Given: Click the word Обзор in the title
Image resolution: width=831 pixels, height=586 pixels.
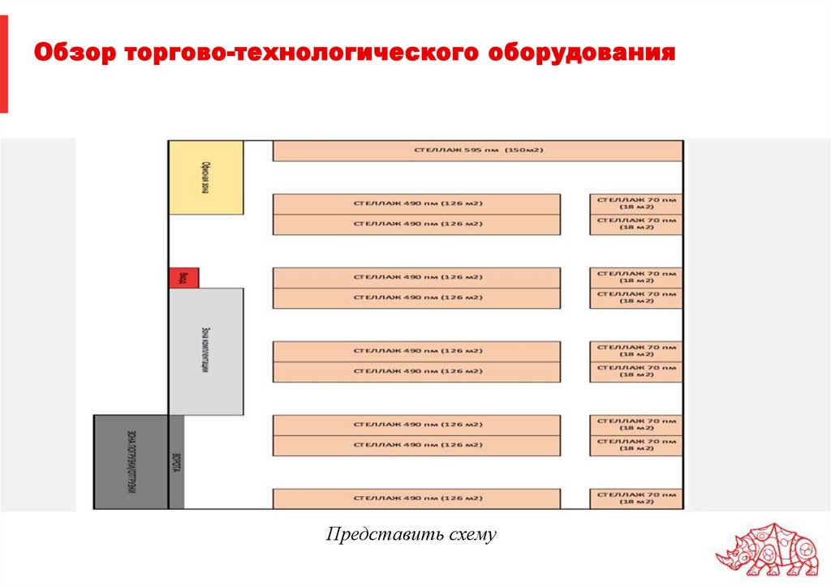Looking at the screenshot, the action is click(x=73, y=55).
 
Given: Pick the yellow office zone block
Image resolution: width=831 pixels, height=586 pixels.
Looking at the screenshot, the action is click(x=206, y=178).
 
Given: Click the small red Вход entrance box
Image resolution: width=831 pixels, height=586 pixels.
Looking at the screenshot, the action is click(x=183, y=278).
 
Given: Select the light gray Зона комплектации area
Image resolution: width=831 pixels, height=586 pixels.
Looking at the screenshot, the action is click(x=206, y=352).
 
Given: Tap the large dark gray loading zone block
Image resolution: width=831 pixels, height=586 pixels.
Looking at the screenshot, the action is click(x=130, y=461).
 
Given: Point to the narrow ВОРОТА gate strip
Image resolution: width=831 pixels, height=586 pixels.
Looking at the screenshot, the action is click(x=176, y=461).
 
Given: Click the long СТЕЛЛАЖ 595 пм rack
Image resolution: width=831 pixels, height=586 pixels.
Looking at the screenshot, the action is click(x=477, y=151).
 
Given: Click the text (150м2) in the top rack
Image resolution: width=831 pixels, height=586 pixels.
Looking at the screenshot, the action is click(x=523, y=151).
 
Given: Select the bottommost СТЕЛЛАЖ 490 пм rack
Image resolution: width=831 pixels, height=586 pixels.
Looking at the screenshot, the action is click(x=416, y=498).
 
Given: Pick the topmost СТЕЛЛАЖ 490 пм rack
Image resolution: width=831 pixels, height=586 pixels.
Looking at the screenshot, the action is click(x=416, y=203).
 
